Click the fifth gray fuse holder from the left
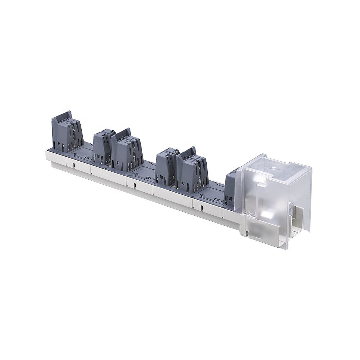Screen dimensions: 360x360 (190, 167)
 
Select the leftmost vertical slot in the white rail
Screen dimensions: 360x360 (73, 166)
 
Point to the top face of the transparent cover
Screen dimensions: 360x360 (274, 169)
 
